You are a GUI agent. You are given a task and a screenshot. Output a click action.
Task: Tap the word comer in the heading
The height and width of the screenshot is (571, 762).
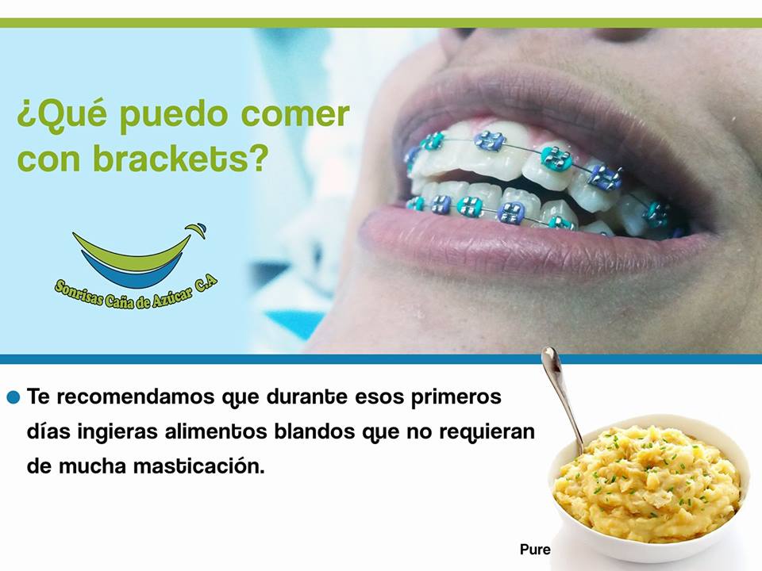(x=295, y=114)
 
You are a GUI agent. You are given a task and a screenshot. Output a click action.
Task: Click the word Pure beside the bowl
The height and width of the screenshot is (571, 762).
(x=535, y=549)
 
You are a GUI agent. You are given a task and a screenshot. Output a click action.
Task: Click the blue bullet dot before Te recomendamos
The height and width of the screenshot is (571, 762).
(x=13, y=397)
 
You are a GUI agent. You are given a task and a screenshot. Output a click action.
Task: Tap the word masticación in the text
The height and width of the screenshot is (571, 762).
(x=198, y=466)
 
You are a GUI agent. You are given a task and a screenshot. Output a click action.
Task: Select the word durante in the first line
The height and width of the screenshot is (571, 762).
(x=306, y=397)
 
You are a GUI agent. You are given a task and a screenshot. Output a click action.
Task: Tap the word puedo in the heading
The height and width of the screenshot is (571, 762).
(x=174, y=116)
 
